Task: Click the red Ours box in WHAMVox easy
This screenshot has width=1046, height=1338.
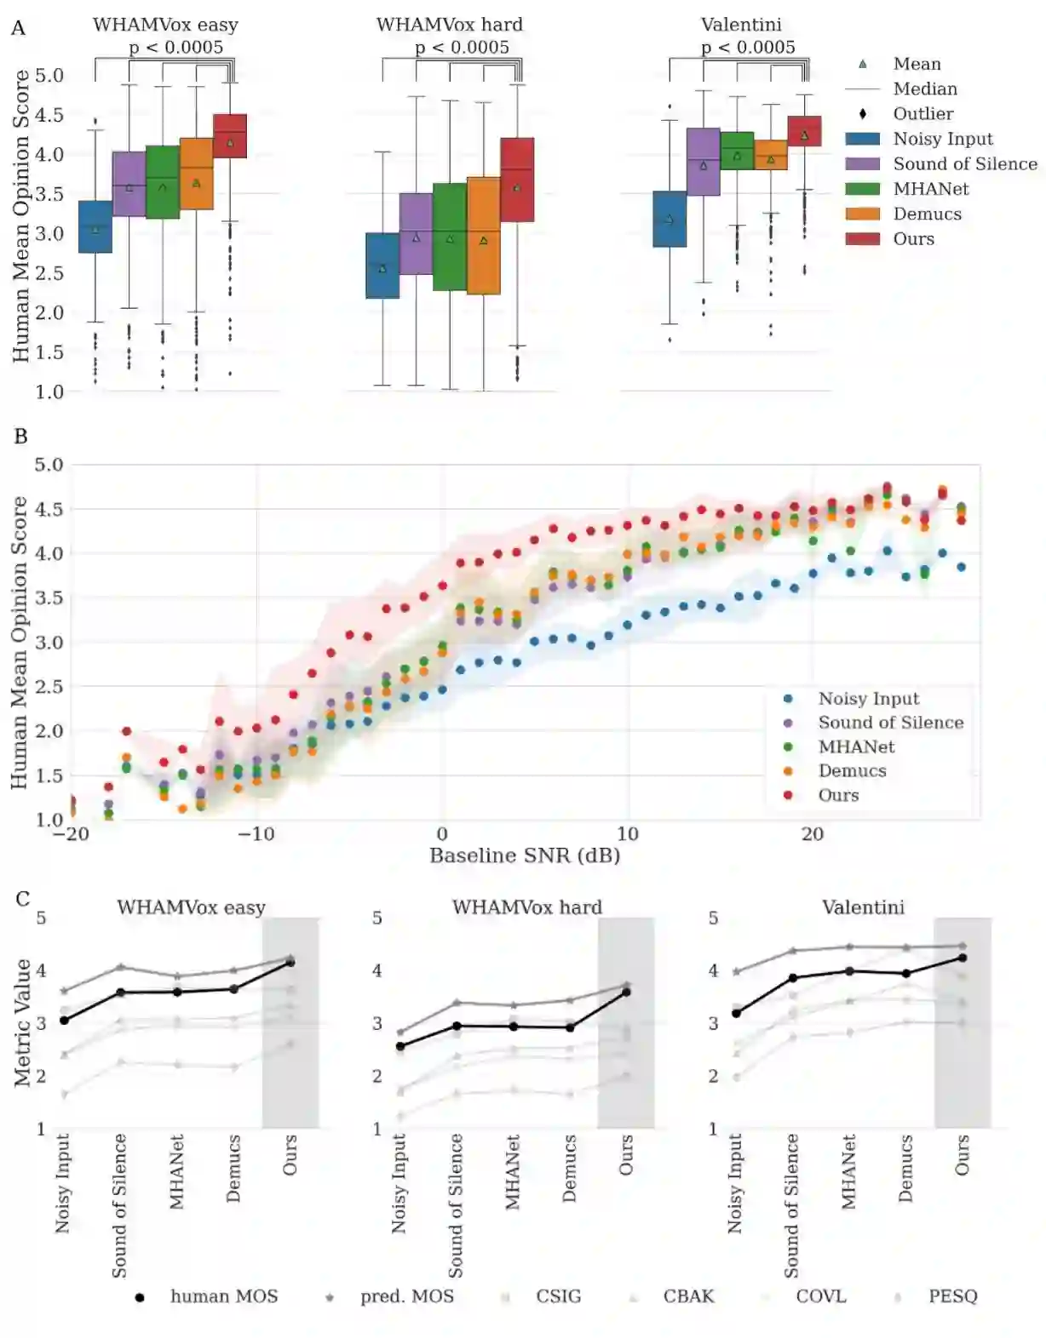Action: tap(230, 136)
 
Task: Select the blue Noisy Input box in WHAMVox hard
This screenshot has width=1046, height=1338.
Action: tap(382, 266)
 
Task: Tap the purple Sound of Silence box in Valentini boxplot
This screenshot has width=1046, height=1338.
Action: tap(704, 162)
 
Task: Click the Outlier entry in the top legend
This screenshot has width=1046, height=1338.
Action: tap(922, 114)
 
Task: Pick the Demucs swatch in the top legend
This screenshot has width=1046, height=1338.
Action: tap(862, 214)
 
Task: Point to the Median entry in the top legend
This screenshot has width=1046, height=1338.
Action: tap(924, 89)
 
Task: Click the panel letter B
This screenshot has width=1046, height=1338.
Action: tap(21, 437)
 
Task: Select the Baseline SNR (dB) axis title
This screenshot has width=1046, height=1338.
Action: tap(524, 856)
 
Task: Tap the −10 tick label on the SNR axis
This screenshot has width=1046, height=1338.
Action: tap(256, 834)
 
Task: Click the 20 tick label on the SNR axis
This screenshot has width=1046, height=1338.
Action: tap(812, 834)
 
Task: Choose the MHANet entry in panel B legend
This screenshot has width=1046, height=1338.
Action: tap(856, 747)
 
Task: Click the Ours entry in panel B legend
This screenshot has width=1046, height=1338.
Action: tap(838, 796)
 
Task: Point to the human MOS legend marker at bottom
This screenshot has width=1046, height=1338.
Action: tap(140, 1298)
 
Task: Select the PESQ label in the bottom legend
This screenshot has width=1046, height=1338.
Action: tap(952, 1297)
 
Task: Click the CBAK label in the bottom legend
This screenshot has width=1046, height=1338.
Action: tap(688, 1297)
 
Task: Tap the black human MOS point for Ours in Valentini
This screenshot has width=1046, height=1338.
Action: tap(963, 958)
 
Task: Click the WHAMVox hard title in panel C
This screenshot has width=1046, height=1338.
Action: tap(526, 907)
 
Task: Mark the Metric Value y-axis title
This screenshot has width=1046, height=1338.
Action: tap(22, 1023)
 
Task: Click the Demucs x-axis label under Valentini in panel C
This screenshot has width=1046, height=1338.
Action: tap(905, 1168)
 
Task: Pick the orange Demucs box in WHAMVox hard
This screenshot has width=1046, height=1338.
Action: tap(484, 236)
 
